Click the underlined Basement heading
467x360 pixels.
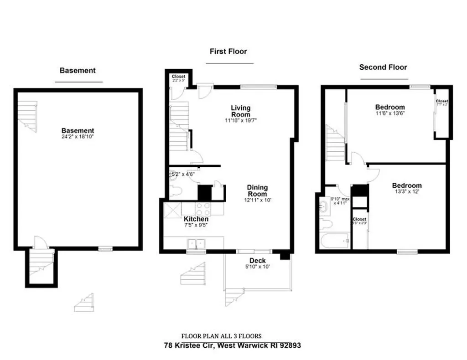[x=78, y=71]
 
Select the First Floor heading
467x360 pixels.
[x=228, y=51]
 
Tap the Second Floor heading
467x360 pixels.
[x=383, y=67]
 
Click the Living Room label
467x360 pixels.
[x=240, y=111]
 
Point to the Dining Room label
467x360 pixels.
[x=257, y=190]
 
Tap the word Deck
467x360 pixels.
[x=258, y=261]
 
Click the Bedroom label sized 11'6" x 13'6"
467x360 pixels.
[x=390, y=108]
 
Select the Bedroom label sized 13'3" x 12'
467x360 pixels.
[x=407, y=186]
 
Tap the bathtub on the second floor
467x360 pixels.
[x=336, y=240]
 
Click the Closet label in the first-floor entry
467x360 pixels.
[x=178, y=77]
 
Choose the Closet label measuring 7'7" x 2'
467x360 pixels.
[x=441, y=101]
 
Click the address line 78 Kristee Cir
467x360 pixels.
[x=232, y=345]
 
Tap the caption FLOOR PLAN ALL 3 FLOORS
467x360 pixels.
[x=221, y=336]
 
